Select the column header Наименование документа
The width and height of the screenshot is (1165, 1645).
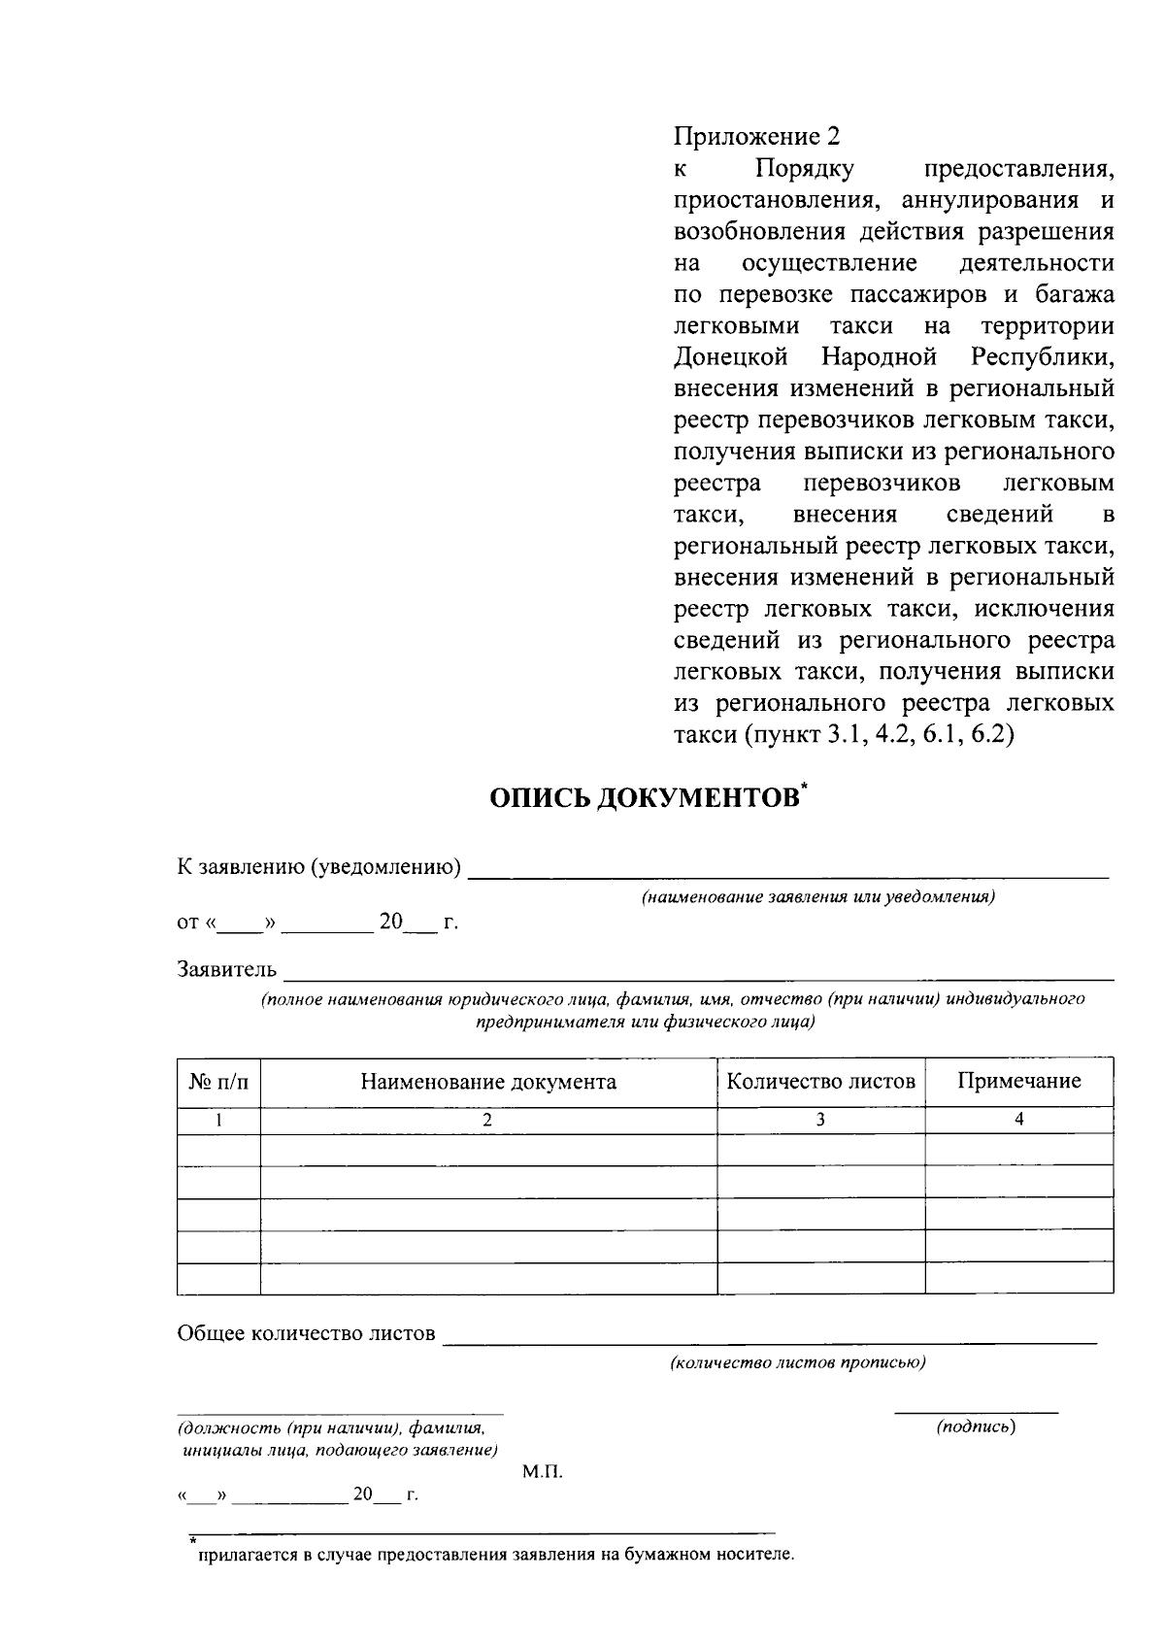[488, 1082]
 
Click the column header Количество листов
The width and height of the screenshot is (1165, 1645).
[820, 1082]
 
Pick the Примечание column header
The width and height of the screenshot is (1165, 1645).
[1018, 1082]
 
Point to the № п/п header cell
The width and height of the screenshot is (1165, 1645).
[218, 1082]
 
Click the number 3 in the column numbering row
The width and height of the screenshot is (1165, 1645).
[820, 1120]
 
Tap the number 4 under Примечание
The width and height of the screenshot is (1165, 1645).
[1018, 1120]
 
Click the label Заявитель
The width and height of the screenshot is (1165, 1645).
[226, 969]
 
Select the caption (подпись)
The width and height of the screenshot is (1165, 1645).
[976, 1427]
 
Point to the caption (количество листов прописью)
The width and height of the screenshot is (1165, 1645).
[797, 1362]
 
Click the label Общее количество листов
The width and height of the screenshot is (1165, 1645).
[306, 1333]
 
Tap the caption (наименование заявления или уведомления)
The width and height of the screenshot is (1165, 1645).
[817, 898]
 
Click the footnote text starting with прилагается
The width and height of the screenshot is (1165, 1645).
[496, 1555]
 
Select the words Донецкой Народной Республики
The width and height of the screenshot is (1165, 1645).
[893, 357]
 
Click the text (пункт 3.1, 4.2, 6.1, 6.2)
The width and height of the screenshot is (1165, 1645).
[879, 735]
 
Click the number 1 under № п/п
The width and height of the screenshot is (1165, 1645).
[218, 1120]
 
